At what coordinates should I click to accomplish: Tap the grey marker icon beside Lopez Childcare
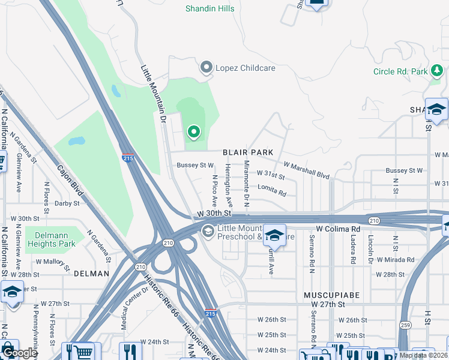tap(207, 68)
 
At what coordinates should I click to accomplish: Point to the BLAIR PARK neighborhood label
tap(248, 153)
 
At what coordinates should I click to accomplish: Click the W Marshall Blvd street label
tap(307, 169)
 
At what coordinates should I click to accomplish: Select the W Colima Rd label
tap(338, 229)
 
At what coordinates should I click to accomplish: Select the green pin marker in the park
tap(193, 131)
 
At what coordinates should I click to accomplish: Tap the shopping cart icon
tap(84, 351)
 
